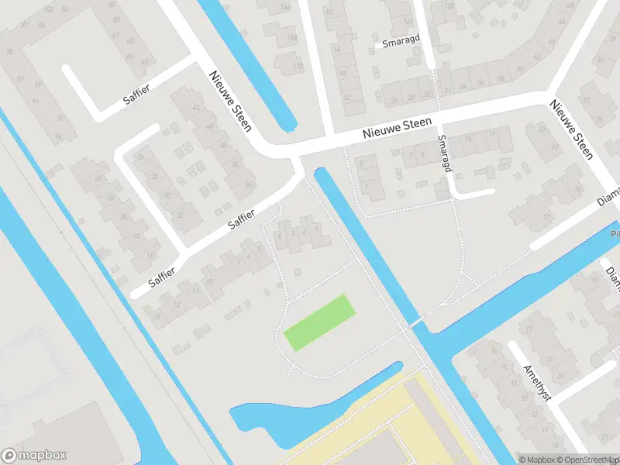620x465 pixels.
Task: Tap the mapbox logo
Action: click(x=34, y=456)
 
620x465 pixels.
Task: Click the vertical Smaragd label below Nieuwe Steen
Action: click(x=443, y=153)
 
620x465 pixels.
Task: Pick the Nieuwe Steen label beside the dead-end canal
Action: click(x=230, y=101)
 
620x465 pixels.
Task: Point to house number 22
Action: click(x=347, y=98)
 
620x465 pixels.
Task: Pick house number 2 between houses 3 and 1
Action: click(x=305, y=232)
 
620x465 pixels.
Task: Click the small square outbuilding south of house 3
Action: click(x=296, y=271)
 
